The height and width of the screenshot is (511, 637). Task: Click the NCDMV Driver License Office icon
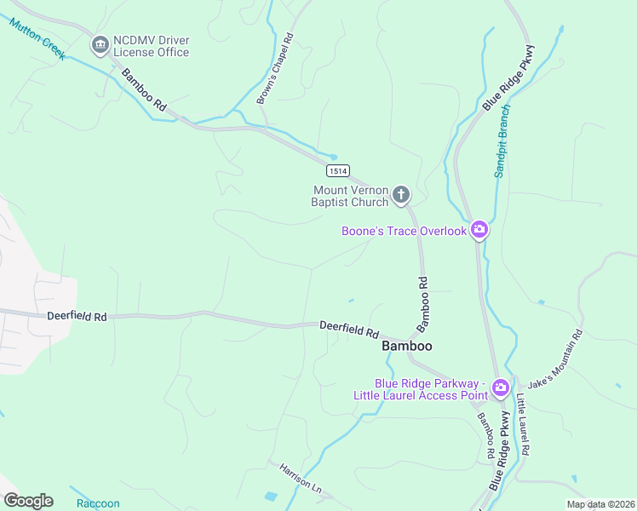coord(100,43)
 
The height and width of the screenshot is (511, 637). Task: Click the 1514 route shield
coord(336,171)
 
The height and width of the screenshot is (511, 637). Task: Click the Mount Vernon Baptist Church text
coord(350,196)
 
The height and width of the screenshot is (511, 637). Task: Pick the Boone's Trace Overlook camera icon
coord(479,230)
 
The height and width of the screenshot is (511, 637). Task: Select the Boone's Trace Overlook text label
coord(405,231)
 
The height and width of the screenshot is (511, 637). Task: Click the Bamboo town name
coord(407,346)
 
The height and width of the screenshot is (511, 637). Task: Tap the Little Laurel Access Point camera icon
coord(501,388)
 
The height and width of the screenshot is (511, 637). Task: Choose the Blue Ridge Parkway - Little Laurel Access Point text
coord(420,389)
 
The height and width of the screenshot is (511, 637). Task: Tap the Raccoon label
coord(98,503)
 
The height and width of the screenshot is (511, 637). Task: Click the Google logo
coord(28,501)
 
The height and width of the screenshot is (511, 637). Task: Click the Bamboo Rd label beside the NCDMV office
coord(143,88)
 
